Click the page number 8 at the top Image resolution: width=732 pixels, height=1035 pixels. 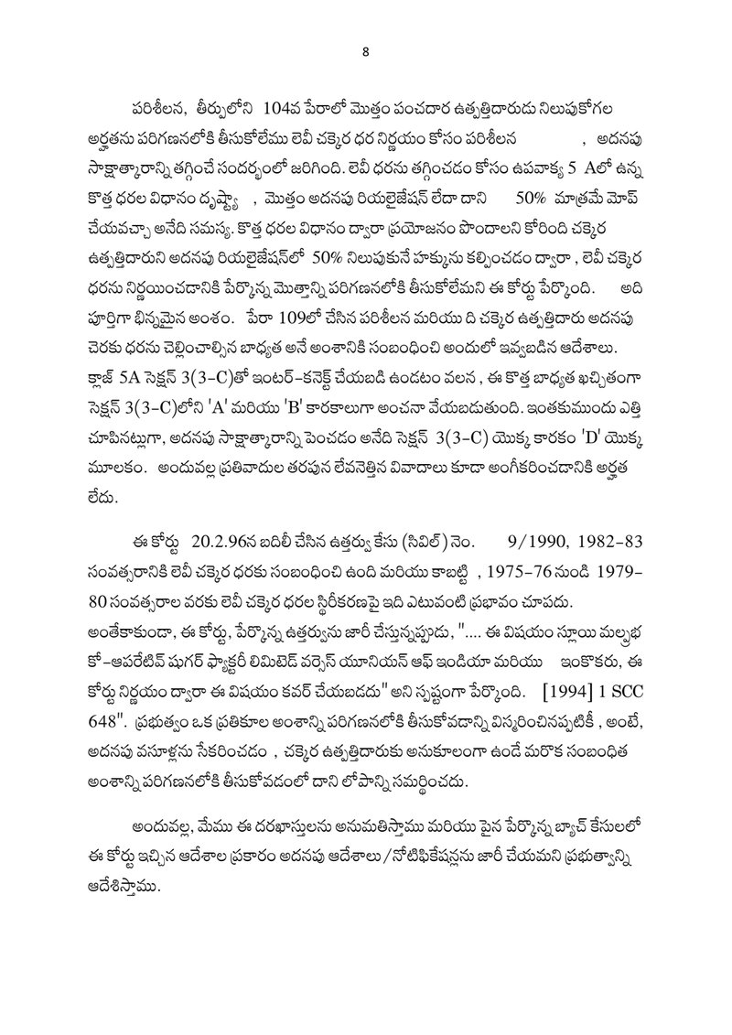(365, 51)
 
